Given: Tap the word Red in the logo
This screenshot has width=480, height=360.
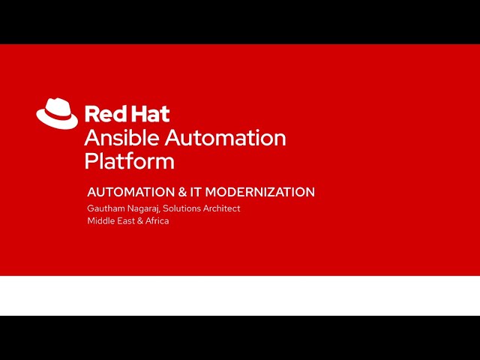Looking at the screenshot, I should click(103, 114).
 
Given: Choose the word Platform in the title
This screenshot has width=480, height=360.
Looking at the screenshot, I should click(129, 161).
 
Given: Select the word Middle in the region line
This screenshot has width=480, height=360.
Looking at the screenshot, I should click(100, 221).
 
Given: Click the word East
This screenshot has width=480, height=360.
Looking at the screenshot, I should click(125, 221).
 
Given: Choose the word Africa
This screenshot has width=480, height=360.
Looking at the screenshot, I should click(157, 221).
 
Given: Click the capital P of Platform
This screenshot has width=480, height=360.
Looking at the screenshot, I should click(90, 161).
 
